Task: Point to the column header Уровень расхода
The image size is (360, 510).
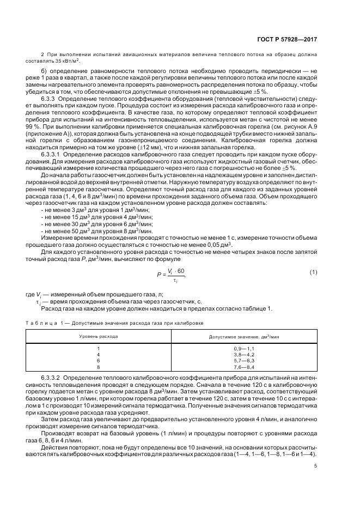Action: pyautogui.click(x=99, y=337)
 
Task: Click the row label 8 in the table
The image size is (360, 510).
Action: pyautogui.click(x=99, y=367)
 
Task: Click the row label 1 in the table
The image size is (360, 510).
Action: pyautogui.click(x=99, y=348)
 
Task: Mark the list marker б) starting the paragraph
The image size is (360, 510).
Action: pyautogui.click(x=45, y=71)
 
